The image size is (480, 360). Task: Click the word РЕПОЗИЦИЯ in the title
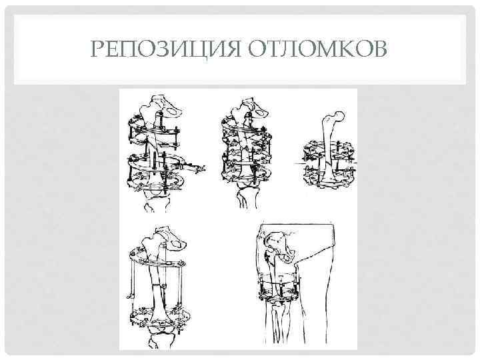[x=165, y=49]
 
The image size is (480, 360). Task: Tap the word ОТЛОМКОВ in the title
[x=317, y=49]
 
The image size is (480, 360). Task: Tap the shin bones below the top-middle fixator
[x=248, y=199]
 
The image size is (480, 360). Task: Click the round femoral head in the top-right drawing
[x=340, y=116]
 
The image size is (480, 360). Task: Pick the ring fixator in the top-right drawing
[x=329, y=164]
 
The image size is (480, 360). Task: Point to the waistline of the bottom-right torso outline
[x=296, y=225]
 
